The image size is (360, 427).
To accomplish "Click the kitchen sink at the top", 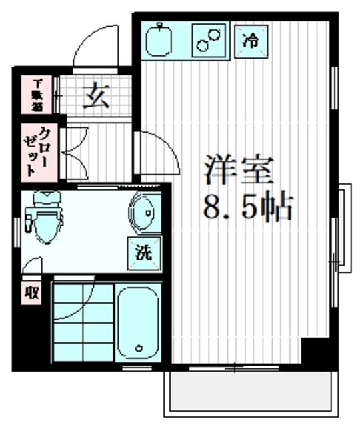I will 161,39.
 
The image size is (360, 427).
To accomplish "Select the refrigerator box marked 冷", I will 251,40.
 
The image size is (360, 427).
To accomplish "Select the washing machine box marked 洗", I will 145,253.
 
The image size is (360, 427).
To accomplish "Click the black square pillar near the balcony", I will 311,351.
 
